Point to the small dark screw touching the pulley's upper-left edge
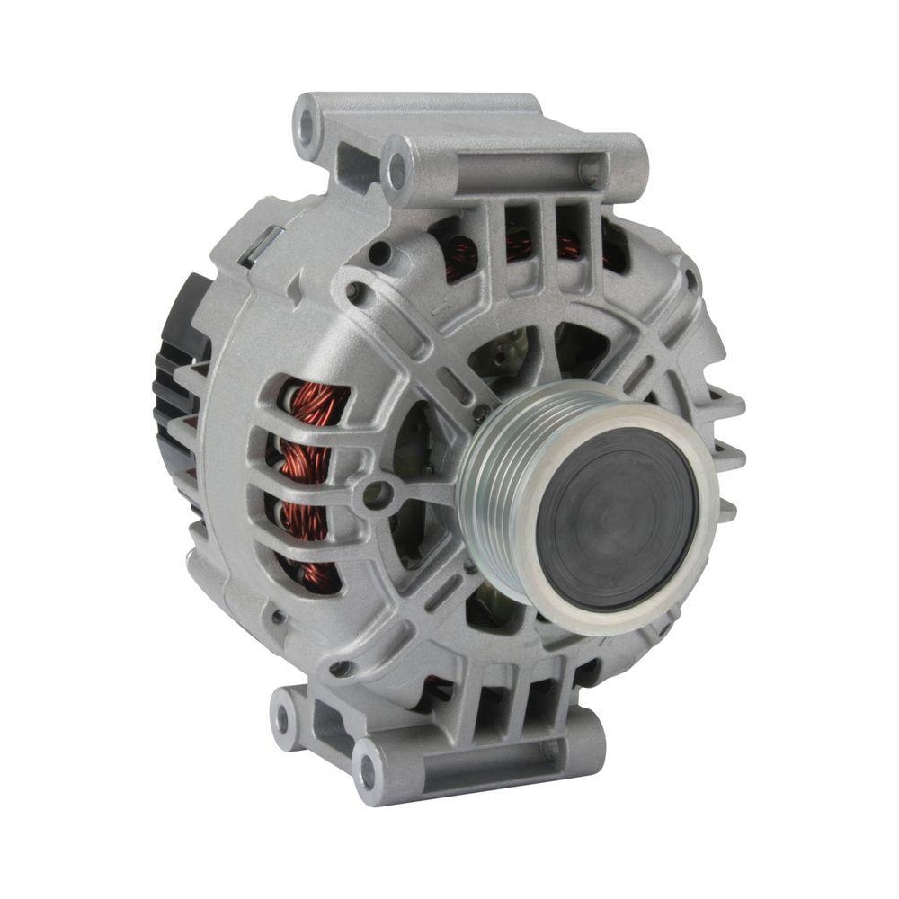482,413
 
